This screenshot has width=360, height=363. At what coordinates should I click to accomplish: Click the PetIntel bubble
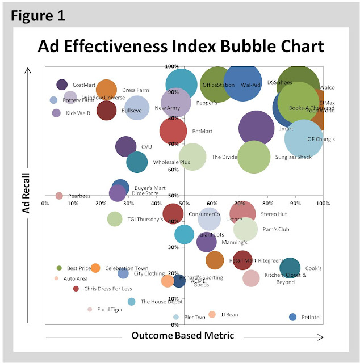tap(293, 317)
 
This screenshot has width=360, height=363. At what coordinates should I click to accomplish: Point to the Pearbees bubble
tap(59, 196)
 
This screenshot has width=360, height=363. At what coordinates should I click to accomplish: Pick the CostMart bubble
tap(62, 85)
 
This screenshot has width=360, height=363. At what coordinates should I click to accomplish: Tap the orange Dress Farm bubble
tap(106, 90)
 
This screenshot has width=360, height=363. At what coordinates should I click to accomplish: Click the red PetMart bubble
tap(173, 131)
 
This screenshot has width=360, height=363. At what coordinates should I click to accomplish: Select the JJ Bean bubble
tap(212, 314)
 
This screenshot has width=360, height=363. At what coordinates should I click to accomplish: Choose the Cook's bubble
tap(290, 268)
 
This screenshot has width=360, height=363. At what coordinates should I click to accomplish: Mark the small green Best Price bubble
tap(59, 268)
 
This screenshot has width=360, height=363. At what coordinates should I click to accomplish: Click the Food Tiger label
tap(110, 310)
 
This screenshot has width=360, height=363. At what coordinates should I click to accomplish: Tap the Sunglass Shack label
tap(293, 157)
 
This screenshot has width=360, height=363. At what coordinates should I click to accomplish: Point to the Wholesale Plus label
tap(171, 162)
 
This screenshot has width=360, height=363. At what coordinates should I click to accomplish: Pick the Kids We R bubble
tap(56, 113)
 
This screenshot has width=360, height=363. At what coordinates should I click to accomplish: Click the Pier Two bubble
tap(176, 317)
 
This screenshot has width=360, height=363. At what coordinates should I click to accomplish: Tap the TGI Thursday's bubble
tap(115, 219)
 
